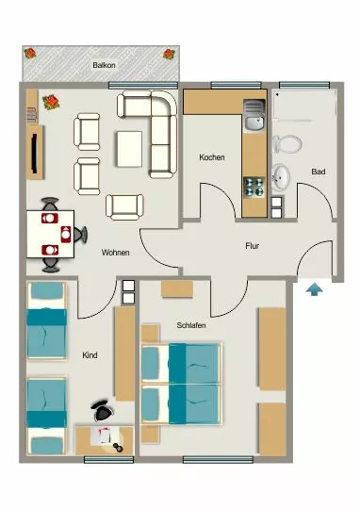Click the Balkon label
[x=104, y=65]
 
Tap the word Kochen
[x=212, y=157]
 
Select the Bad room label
[x=319, y=172]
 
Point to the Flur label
[x=253, y=246]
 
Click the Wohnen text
[x=116, y=253]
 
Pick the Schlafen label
[x=191, y=325]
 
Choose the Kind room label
[x=90, y=355]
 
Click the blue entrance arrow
[x=314, y=289]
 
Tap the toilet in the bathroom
[x=286, y=144]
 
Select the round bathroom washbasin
[x=281, y=177]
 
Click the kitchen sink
[x=254, y=115]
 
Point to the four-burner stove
[x=254, y=187]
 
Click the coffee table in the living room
[x=129, y=149]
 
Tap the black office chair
[x=103, y=411]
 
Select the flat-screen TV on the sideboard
[x=35, y=153]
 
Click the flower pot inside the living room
[x=51, y=102]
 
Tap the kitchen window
[x=236, y=86]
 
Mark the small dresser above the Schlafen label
[x=177, y=289]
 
